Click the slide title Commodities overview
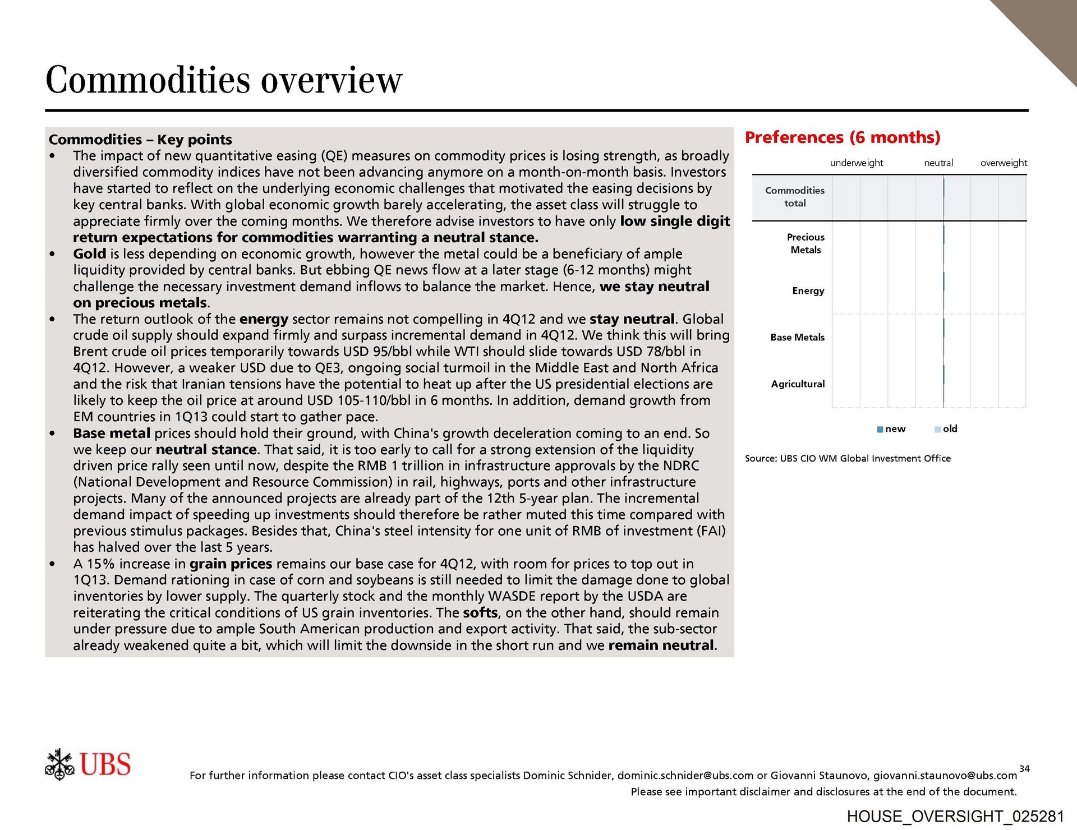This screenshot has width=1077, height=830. point(224,80)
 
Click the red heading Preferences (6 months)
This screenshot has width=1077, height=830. point(842,137)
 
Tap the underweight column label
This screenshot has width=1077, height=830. point(856,163)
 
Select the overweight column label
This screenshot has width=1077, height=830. point(1004,163)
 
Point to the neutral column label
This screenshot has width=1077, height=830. point(938,163)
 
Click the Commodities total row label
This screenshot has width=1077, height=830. point(794,197)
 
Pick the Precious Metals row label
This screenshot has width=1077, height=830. point(806,243)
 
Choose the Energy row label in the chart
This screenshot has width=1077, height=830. point(808,290)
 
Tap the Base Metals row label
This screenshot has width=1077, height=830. point(797,337)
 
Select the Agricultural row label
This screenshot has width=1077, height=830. point(798,384)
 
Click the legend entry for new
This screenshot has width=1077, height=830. point(891,429)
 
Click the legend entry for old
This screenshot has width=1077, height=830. point(946,429)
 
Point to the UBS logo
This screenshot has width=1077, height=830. point(88,764)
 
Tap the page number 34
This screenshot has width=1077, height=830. point(1024,769)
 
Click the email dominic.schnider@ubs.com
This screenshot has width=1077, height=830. point(685,776)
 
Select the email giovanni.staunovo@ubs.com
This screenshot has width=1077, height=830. point(945,776)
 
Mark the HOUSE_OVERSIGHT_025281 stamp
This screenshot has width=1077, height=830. point(955,817)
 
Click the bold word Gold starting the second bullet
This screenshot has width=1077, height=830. point(89,254)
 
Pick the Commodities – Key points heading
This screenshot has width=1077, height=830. point(140,140)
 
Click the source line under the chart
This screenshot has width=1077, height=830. point(848,459)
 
